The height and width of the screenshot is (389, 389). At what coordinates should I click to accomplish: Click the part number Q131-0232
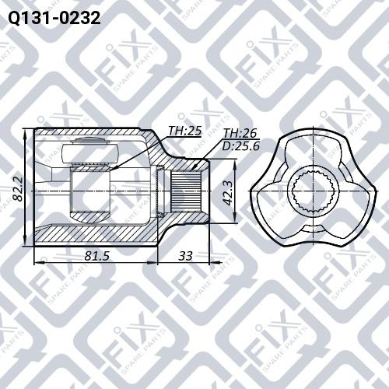click(x=53, y=16)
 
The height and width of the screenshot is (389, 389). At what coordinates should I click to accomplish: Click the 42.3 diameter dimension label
click(x=227, y=191)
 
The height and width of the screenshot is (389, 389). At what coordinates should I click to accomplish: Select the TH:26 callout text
click(x=238, y=133)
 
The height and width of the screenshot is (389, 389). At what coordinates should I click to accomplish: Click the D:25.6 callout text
click(x=241, y=145)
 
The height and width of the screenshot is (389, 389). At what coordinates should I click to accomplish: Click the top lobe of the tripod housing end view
click(x=314, y=144)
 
